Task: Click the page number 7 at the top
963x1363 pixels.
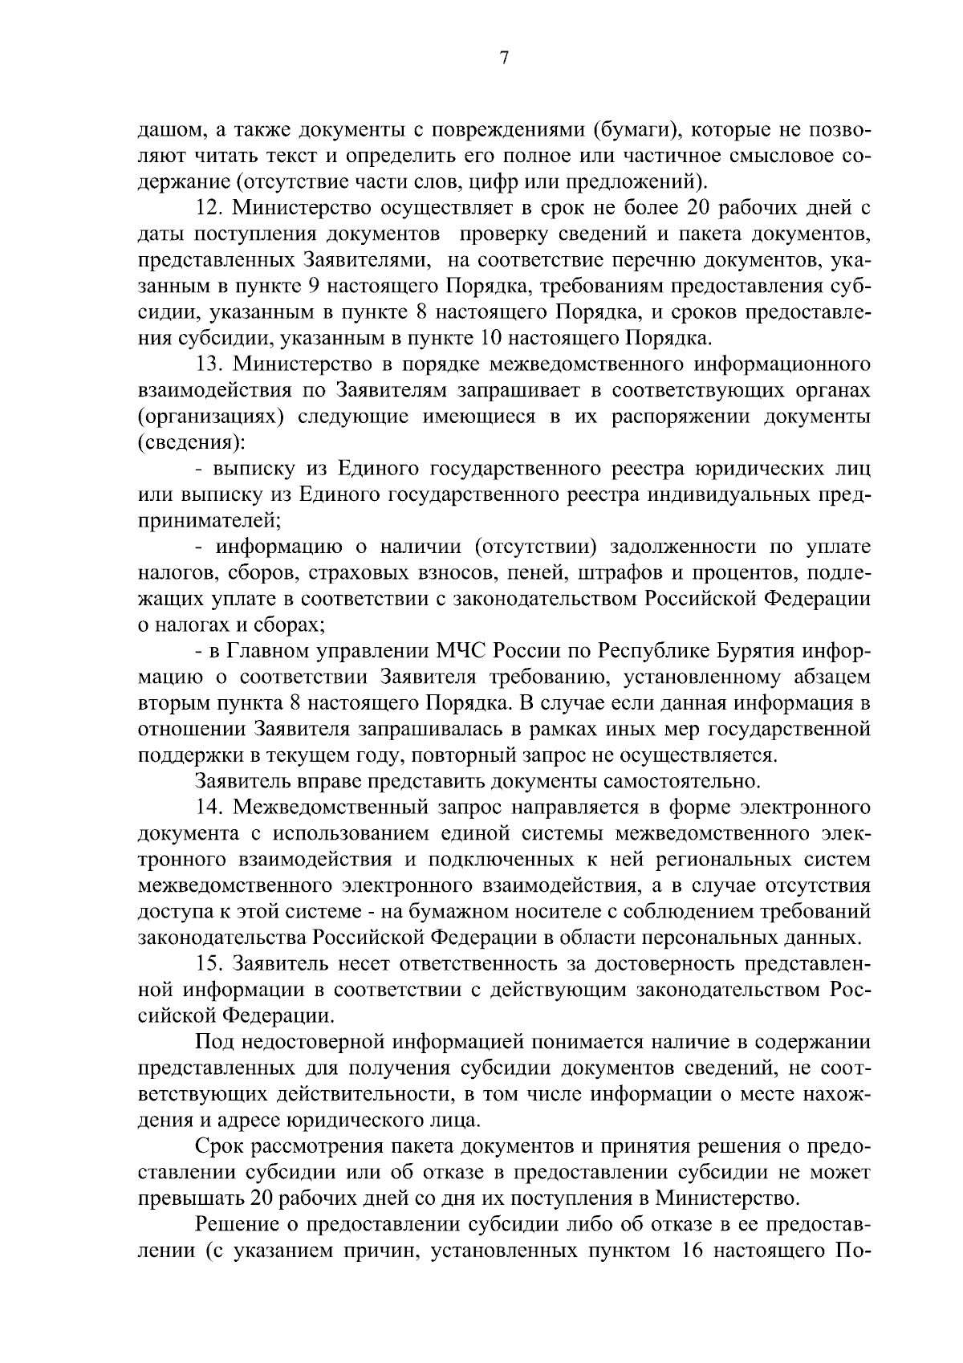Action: tap(504, 59)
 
